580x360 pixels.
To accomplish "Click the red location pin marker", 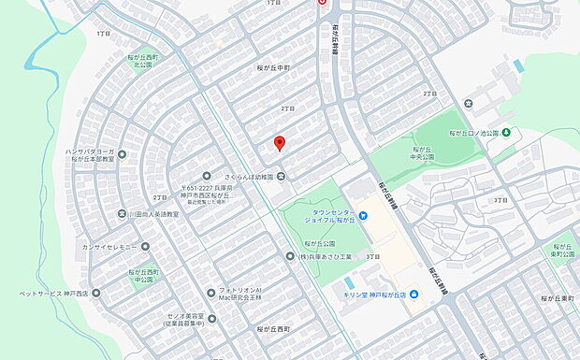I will pyautogui.click(x=278, y=143).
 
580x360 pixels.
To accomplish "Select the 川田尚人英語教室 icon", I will pyautogui.click(x=122, y=213).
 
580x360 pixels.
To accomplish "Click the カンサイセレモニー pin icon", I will pyautogui.click(x=148, y=246).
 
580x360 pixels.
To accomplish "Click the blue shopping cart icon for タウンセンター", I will pyautogui.click(x=364, y=216).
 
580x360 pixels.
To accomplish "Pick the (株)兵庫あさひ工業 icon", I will pyautogui.click(x=290, y=255).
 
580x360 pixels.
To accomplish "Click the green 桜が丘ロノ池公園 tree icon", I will pyautogui.click(x=506, y=132).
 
